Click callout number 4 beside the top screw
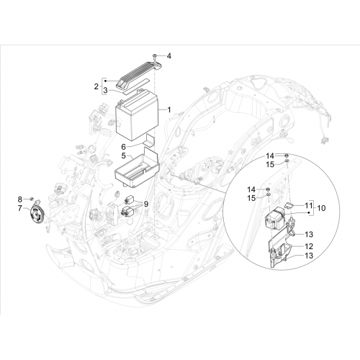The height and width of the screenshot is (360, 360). pos(169,56)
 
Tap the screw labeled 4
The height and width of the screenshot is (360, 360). pos(154,57)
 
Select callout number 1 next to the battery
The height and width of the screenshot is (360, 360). pos(169,110)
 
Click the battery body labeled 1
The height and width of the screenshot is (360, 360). pos(137,114)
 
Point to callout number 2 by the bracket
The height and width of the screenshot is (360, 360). pos(96,86)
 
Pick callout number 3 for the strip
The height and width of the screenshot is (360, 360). pos(105,91)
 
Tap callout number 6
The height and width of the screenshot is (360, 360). pos(123,146)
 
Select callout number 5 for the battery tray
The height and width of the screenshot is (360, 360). pos(123,156)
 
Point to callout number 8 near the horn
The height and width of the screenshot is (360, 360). pos(20,199)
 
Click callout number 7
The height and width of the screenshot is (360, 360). pos(20,208)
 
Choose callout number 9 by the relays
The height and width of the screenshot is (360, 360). pos(145,204)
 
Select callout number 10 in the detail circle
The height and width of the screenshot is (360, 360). pos(321,208)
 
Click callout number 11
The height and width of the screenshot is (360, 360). pos(309,205)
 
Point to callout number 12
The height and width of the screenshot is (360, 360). pos(309,246)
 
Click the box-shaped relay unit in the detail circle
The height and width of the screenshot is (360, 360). pos(274,218)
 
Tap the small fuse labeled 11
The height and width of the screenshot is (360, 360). pos(289,205)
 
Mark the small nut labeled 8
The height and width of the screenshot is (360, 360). pos(31,198)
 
